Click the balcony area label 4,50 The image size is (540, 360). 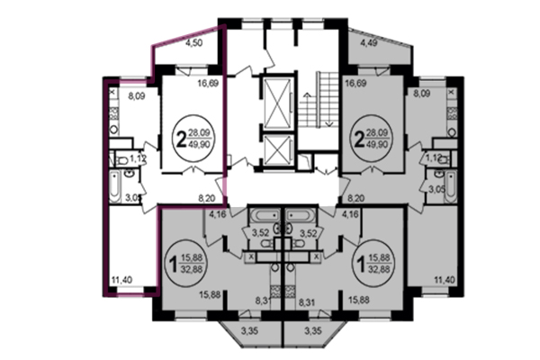click(193, 40)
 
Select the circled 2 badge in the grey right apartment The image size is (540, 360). click(361, 137)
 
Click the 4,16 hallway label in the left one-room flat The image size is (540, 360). click(215, 214)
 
